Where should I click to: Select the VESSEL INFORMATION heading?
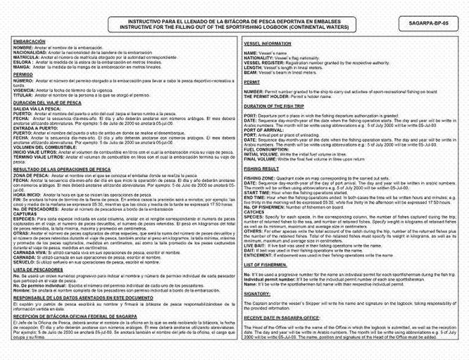[x=268, y=44]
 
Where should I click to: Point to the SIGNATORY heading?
[x=258, y=293]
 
